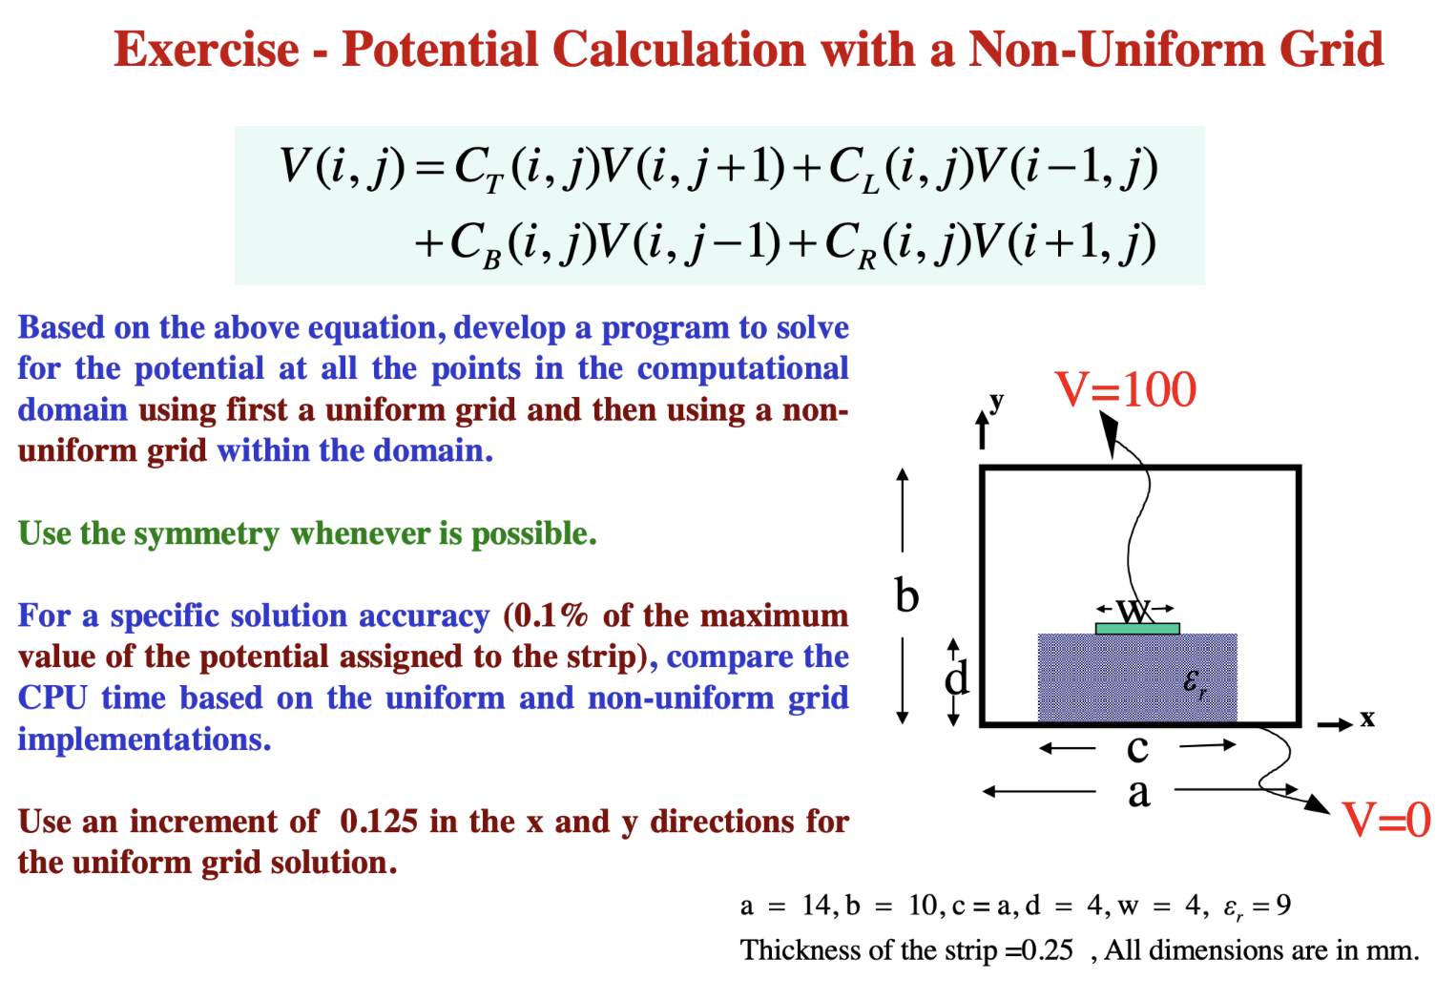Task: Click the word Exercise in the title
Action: point(206,50)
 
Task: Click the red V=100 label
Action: point(1125,389)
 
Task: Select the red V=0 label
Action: point(1385,820)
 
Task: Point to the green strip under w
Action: point(1136,629)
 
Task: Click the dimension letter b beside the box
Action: point(906,595)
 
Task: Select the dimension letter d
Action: point(957,678)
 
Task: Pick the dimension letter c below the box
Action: point(1137,748)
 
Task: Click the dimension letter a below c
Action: point(1138,792)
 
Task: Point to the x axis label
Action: point(1367,719)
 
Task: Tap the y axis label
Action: point(996,401)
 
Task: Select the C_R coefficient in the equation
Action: point(851,244)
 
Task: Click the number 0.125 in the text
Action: point(379,822)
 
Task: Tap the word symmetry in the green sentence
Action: point(206,533)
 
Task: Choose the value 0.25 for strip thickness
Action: point(1047,950)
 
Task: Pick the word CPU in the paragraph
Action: point(52,698)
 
